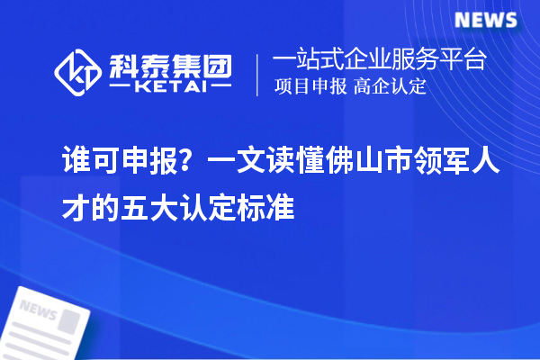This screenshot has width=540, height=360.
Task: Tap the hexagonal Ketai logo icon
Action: point(76,71)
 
